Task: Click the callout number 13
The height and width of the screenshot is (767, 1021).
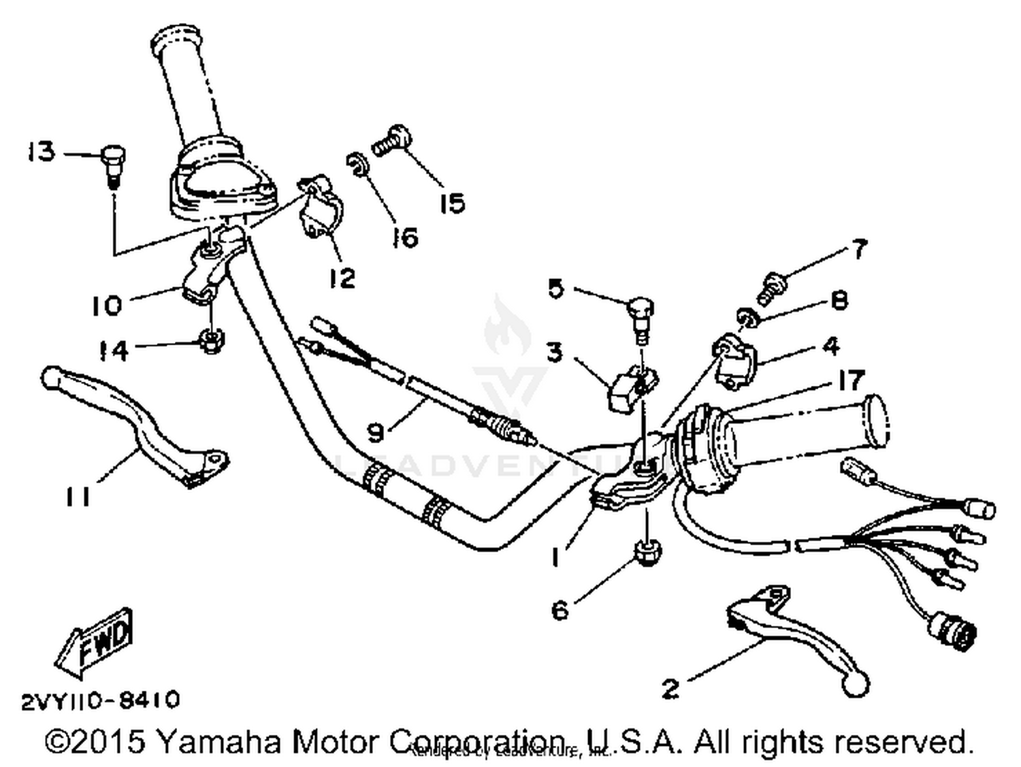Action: pos(41,152)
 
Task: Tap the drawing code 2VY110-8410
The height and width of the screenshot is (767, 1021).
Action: pos(101,700)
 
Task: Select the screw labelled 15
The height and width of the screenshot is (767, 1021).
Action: pos(393,140)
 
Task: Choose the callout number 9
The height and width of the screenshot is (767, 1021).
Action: pos(376,431)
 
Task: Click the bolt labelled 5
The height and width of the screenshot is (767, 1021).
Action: pos(639,316)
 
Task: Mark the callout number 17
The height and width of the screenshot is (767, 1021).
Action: pos(850,380)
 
